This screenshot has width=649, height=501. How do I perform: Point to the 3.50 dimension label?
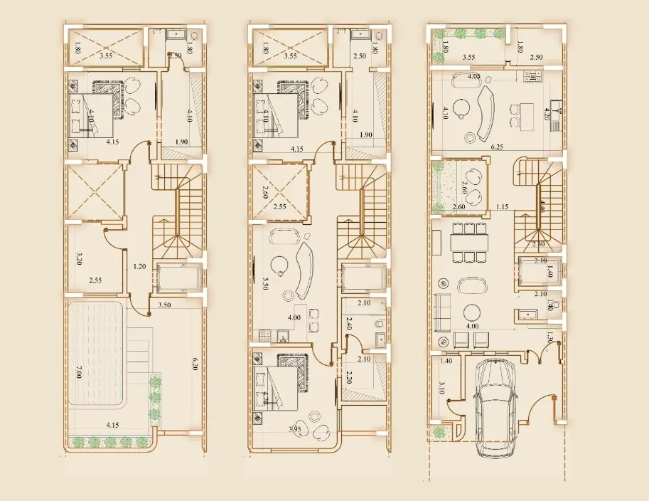coord(165,305)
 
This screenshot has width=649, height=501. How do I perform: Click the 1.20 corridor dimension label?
coord(139,268)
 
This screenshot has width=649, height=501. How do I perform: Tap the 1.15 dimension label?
coord(502,207)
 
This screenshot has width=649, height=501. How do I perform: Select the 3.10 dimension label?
coord(441,388)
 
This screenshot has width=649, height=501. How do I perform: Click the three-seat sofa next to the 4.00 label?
coord(442,312)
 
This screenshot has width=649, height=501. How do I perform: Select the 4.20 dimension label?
coord(547,112)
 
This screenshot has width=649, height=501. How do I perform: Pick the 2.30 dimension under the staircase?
coord(540,244)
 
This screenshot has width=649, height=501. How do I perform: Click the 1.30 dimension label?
coord(550,338)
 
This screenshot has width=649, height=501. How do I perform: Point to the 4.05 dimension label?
coord(474,76)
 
